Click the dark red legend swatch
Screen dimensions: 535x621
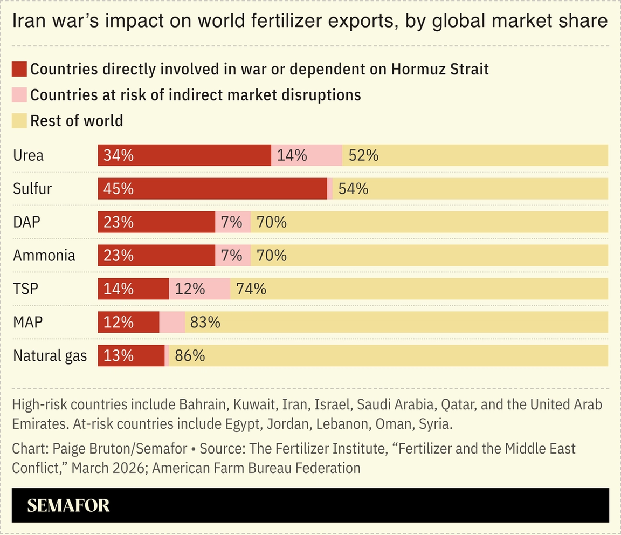click(19, 69)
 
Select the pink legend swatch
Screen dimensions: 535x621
click(19, 95)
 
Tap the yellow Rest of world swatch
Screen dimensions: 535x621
click(19, 120)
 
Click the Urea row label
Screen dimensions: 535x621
click(28, 155)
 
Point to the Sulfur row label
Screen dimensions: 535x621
click(32, 189)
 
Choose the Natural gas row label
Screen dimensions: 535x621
click(50, 356)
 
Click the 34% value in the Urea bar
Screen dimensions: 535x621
click(119, 155)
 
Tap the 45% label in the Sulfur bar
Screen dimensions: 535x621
click(119, 189)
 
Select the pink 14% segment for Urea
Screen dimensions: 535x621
click(306, 155)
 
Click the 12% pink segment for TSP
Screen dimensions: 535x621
click(199, 289)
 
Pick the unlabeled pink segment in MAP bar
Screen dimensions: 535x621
click(172, 323)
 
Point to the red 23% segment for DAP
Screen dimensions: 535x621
click(156, 222)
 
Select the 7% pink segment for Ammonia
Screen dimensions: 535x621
click(233, 256)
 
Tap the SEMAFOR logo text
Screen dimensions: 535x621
click(68, 505)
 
